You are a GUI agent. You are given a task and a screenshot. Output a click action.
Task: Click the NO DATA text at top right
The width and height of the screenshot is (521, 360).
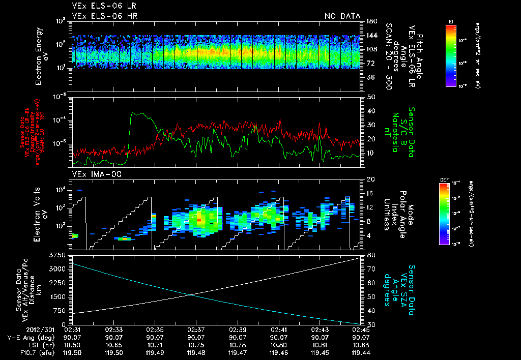click(342, 16)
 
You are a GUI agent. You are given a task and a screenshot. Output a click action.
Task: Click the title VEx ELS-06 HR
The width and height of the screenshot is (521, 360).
click(104, 16)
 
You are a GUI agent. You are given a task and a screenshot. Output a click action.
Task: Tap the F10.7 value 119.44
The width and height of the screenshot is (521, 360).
click(359, 351)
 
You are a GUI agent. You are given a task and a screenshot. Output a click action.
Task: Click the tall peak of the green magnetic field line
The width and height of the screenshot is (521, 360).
click(133, 113)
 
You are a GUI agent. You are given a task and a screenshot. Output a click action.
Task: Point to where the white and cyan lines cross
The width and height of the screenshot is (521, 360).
click(191, 294)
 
